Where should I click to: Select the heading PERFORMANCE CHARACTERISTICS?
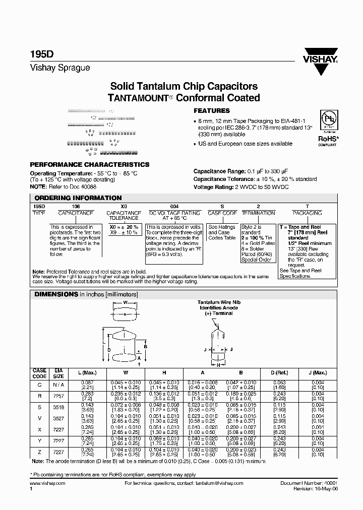[x=90, y=165]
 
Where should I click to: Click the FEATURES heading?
[x=212, y=111]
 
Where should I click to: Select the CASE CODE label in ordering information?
[x=222, y=213]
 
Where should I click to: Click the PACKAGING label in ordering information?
[x=307, y=213]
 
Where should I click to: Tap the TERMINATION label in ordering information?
[x=259, y=213]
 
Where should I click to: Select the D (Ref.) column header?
[x=279, y=373]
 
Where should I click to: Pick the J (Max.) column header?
[x=317, y=373]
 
